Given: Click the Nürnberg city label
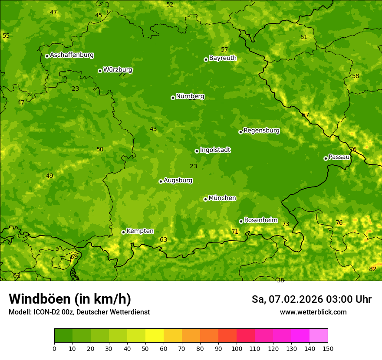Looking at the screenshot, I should [190, 96].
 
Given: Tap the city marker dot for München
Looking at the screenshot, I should [205, 199].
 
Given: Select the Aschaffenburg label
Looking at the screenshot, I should [72, 55].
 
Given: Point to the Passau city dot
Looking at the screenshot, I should [326, 158].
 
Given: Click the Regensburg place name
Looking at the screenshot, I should [261, 131].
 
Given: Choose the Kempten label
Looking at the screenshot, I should [140, 231].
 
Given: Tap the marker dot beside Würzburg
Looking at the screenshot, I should [100, 71].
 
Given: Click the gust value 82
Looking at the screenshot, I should [372, 269].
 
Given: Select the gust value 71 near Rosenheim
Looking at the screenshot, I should [235, 232].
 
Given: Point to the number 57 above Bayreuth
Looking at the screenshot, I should [224, 49].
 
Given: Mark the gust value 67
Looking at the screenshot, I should [305, 115].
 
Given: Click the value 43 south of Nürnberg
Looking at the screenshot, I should [153, 129].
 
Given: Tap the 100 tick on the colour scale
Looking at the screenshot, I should [237, 348].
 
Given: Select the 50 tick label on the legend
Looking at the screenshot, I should [145, 348].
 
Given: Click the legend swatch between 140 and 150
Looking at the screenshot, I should [319, 336].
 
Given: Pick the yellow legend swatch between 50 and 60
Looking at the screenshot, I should [155, 336].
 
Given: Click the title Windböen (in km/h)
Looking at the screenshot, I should [70, 299].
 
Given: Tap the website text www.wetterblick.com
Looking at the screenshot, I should [313, 312].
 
